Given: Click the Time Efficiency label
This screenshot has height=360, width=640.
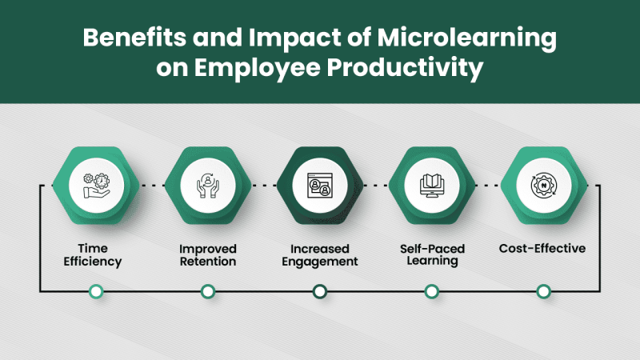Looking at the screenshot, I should pyautogui.click(x=96, y=254).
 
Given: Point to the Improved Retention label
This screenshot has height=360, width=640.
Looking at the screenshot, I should pyautogui.click(x=207, y=254).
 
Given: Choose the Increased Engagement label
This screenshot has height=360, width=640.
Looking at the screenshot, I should pyautogui.click(x=319, y=254).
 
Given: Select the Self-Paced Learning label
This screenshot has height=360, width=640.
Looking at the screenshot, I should pyautogui.click(x=431, y=254).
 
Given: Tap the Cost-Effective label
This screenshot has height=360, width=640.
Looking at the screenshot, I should pyautogui.click(x=542, y=248).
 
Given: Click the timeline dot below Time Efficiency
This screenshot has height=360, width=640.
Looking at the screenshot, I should pyautogui.click(x=96, y=292).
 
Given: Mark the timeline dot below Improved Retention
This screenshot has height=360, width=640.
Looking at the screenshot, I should pyautogui.click(x=207, y=292).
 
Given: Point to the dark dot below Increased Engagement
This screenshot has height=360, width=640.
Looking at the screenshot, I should pyautogui.click(x=319, y=292).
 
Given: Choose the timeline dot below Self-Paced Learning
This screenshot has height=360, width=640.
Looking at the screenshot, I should pyautogui.click(x=431, y=292).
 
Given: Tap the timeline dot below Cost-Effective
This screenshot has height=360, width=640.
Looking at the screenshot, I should pyautogui.click(x=543, y=292).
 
